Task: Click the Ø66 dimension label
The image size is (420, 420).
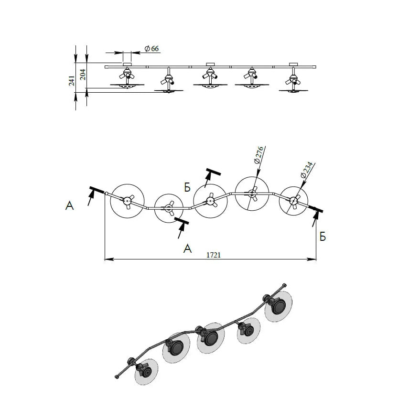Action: point(151,48)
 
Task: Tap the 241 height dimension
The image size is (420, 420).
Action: point(72,81)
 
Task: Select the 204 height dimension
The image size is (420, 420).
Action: point(83,75)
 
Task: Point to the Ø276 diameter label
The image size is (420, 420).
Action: point(258,155)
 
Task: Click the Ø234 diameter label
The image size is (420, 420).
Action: point(306,170)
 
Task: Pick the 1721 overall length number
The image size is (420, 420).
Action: point(214,255)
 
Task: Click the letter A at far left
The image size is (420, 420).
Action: point(69,206)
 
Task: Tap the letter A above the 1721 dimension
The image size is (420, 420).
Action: point(187,248)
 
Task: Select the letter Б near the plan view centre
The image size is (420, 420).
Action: point(187,187)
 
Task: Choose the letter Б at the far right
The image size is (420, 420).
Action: point(323,237)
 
